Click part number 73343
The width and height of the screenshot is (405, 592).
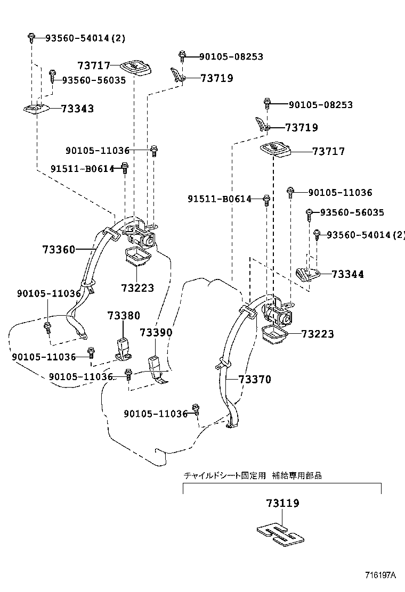[x=77, y=109]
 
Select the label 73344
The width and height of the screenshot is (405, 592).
[x=347, y=274]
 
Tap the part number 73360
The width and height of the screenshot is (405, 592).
[x=59, y=249]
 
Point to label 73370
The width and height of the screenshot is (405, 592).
[x=255, y=380]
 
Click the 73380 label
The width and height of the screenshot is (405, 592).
[x=124, y=315]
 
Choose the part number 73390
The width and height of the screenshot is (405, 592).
[x=156, y=333]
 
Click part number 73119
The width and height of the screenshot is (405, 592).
[x=282, y=503]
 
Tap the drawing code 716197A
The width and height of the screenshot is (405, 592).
[x=380, y=575]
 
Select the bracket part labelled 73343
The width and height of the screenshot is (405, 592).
[x=36, y=109]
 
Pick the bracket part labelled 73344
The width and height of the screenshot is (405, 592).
[x=306, y=274]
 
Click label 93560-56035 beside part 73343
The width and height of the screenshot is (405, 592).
[x=94, y=80]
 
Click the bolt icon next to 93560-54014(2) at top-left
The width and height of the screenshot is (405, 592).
[x=31, y=37]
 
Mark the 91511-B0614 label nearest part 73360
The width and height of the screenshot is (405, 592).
[x=83, y=169]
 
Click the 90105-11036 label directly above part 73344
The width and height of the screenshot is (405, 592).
[x=340, y=193]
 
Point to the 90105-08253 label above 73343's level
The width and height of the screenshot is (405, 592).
[x=231, y=56]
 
